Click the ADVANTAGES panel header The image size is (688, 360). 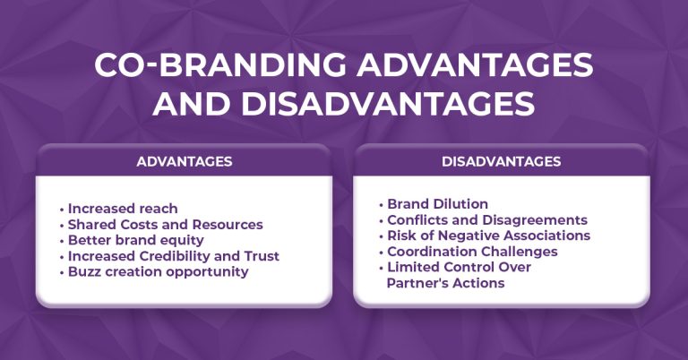pyautogui.click(x=185, y=162)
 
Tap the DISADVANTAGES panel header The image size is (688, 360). pyautogui.click(x=502, y=162)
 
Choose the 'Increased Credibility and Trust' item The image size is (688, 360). pyautogui.click(x=174, y=256)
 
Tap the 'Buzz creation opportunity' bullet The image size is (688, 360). pyautogui.click(x=159, y=271)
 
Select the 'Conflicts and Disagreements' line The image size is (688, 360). pyautogui.click(x=487, y=220)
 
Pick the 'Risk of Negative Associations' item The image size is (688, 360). pyautogui.click(x=488, y=236)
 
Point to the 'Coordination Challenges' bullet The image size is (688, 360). pyautogui.click(x=472, y=252)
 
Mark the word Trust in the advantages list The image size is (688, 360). pyautogui.click(x=261, y=256)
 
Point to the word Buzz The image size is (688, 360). pyautogui.click(x=85, y=271)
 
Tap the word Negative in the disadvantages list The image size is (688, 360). pyautogui.click(x=468, y=236)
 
